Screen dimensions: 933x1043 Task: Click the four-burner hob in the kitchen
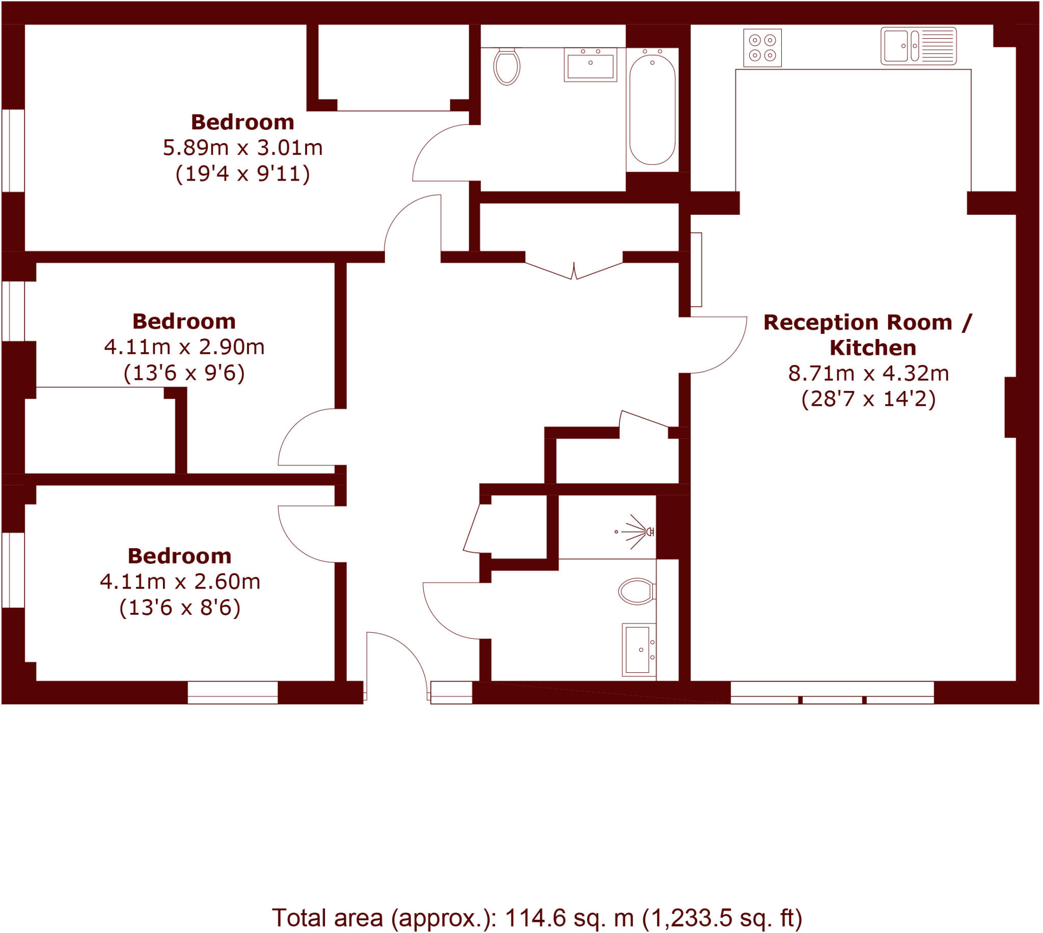(x=762, y=48)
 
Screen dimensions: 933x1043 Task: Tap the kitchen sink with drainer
(x=918, y=46)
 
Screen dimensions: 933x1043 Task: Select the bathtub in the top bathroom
(x=652, y=110)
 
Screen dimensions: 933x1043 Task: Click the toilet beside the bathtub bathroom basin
(x=507, y=66)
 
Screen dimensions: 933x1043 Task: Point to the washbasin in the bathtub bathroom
(x=590, y=66)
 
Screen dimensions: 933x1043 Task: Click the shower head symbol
(x=638, y=531)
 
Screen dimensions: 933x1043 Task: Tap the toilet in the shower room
(x=637, y=591)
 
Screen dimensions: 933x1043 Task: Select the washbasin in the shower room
(x=638, y=649)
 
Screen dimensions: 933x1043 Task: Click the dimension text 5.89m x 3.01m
(x=242, y=148)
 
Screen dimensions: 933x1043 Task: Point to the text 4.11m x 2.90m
(x=184, y=347)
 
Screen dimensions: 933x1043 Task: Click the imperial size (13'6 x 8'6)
(x=179, y=607)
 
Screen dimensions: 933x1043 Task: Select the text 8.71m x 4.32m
(x=868, y=373)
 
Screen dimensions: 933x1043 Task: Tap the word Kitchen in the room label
(x=872, y=348)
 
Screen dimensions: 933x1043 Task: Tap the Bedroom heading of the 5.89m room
(x=242, y=122)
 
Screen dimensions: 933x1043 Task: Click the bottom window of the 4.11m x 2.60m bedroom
(x=232, y=692)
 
